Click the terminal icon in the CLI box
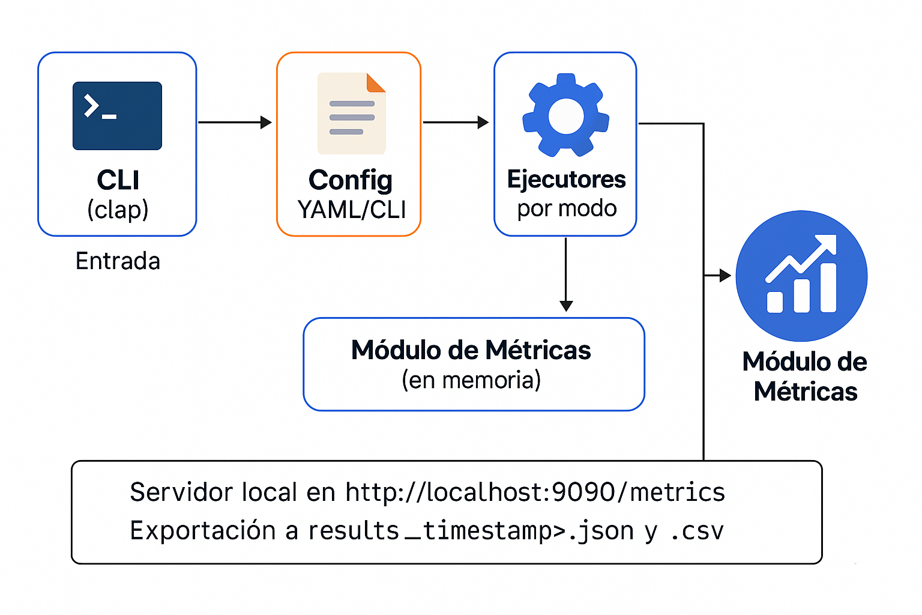(x=117, y=116)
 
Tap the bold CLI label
(x=118, y=180)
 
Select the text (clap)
(x=118, y=210)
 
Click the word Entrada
(x=118, y=261)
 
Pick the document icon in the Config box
(x=351, y=114)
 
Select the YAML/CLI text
(x=351, y=210)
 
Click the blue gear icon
(x=565, y=115)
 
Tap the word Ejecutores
(x=566, y=180)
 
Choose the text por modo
(x=567, y=208)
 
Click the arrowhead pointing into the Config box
(x=266, y=123)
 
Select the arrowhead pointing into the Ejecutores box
(x=483, y=123)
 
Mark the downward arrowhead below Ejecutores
(x=566, y=306)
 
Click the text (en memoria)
(x=471, y=380)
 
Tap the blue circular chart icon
(x=801, y=276)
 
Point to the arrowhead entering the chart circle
(x=725, y=276)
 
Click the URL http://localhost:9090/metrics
(x=535, y=492)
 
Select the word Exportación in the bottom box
(x=203, y=531)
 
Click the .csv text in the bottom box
(x=697, y=531)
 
